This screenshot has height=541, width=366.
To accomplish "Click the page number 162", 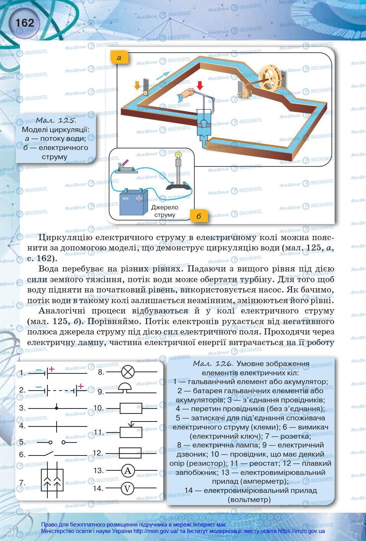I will coord(25,23).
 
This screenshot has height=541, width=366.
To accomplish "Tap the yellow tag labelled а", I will coord(119,58).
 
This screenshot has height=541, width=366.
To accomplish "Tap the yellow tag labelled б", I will coord(198,216).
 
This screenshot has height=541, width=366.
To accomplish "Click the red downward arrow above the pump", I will coord(199,85).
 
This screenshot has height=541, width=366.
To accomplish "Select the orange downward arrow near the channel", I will coord(137,85).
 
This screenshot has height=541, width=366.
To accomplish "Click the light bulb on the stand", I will coord(178,155).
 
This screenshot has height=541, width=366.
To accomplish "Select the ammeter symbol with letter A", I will coord(128,471).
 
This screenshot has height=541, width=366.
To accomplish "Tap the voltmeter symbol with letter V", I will coord(128,488).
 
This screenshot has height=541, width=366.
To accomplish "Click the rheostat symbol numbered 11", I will coord(131,430).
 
